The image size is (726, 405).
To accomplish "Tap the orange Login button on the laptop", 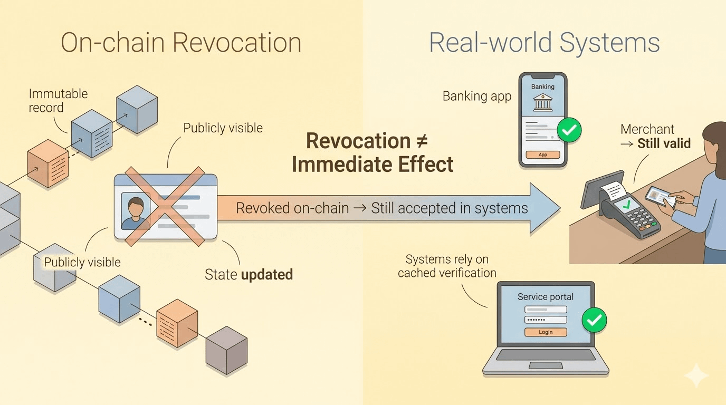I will (545, 332).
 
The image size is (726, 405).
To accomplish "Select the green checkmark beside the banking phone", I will (569, 130).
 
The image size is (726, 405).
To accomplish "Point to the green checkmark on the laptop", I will (594, 319).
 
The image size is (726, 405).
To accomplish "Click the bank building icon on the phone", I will (542, 103).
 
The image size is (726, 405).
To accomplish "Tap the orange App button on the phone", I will (542, 155).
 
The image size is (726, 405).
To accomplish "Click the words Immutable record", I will (58, 101).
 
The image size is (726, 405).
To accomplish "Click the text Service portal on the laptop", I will (545, 297).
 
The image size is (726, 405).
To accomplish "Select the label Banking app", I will (476, 96).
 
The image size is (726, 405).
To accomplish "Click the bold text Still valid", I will (664, 143).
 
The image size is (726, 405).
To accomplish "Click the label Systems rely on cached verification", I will (447, 266).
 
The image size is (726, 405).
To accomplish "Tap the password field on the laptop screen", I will (545, 320).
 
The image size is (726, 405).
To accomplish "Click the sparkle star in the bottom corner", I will (696, 375).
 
